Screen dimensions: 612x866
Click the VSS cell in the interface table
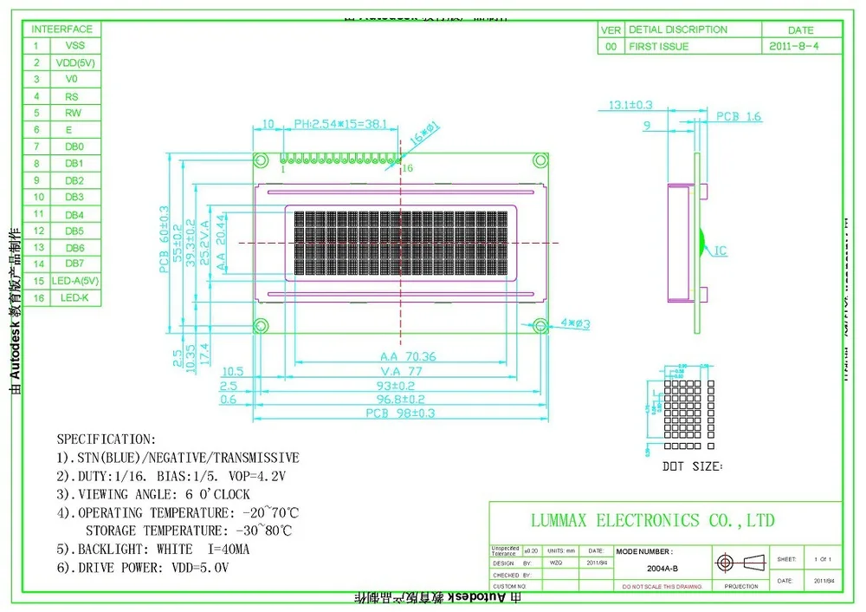(x=74, y=46)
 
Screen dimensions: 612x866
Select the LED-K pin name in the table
(x=74, y=298)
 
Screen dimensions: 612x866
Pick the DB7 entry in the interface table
(x=74, y=264)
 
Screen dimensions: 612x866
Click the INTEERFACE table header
(x=63, y=29)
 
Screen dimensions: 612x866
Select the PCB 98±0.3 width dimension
(x=400, y=413)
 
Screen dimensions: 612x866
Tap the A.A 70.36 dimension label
(x=408, y=356)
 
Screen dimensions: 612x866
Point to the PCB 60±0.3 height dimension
(x=164, y=239)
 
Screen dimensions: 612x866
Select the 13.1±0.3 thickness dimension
(x=630, y=105)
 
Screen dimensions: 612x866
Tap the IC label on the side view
(x=720, y=251)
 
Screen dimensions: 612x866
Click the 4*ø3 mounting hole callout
(x=575, y=323)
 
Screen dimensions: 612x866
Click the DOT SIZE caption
(x=691, y=466)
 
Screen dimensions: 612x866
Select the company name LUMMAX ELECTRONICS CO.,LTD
(x=652, y=520)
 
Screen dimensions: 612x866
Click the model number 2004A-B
(x=662, y=568)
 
